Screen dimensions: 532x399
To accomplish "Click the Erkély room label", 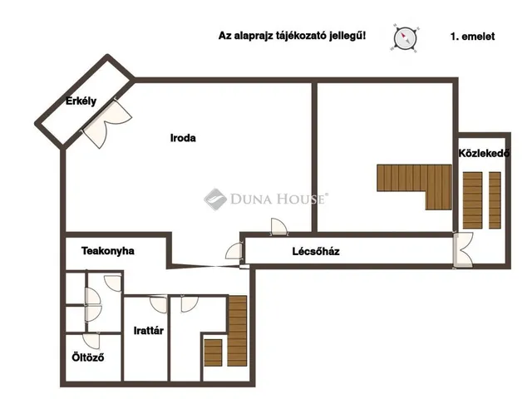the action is [x=81, y=101].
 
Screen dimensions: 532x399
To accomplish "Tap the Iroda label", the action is [x=183, y=138].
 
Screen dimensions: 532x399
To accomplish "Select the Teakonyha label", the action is [x=107, y=251].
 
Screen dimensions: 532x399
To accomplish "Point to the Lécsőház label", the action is [x=316, y=251].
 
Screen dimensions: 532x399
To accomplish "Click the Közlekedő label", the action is [x=484, y=153].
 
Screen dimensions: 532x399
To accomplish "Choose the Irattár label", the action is [x=149, y=331].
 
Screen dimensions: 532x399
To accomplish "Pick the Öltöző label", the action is [x=88, y=357].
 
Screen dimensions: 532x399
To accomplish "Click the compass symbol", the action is [x=405, y=37].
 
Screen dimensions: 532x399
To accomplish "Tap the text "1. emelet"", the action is [x=472, y=37].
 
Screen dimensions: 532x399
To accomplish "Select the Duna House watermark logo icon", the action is [x=215, y=199].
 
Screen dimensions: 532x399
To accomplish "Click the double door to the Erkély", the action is [x=107, y=123].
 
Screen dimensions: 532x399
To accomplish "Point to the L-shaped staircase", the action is [x=414, y=187].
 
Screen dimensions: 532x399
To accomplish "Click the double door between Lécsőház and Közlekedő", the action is [x=463, y=250].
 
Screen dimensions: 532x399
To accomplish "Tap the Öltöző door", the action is [x=91, y=341].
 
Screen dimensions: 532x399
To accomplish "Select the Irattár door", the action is [x=159, y=304].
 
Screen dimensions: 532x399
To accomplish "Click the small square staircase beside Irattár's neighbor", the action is [x=213, y=352].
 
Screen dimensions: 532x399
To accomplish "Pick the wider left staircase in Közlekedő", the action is [x=473, y=200].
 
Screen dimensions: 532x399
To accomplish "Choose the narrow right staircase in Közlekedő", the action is [x=495, y=200].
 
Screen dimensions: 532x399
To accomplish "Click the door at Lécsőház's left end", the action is [x=234, y=251].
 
